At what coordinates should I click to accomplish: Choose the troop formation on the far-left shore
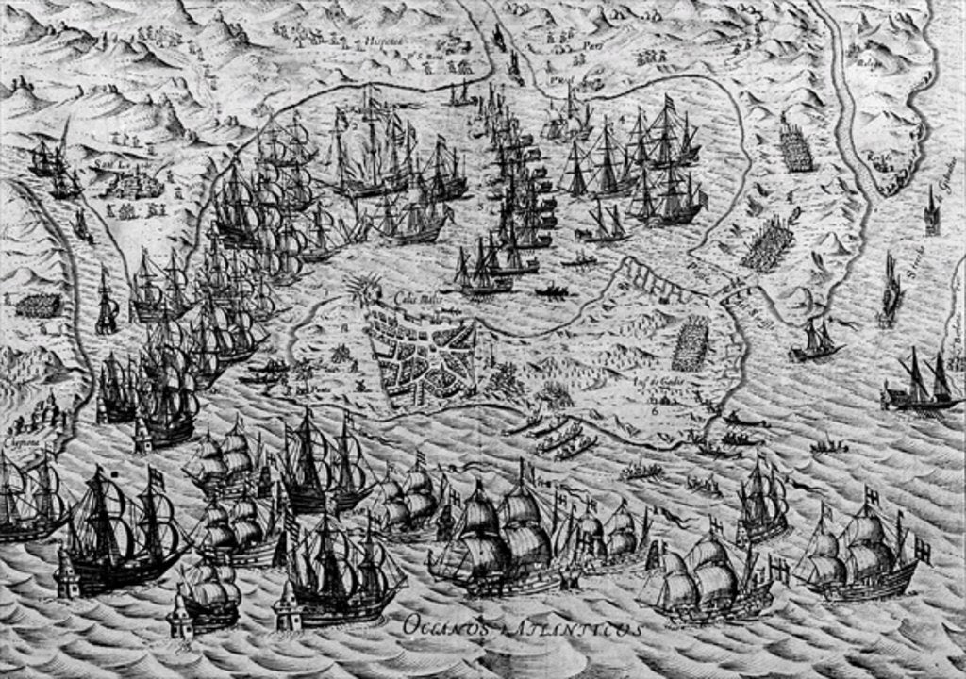39,305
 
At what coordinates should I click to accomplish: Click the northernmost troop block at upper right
797,148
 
